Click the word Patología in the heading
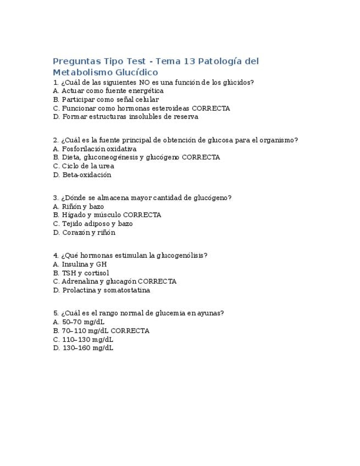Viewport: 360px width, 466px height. tap(219, 61)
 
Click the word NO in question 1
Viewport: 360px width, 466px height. tap(145, 82)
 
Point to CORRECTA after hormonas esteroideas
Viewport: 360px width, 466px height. tap(211, 108)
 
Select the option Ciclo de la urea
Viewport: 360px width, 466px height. tap(84, 166)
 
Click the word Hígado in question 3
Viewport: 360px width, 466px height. tap(74, 215)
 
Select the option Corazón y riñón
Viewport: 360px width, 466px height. tap(84, 232)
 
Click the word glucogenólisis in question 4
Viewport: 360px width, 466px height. tap(182, 255)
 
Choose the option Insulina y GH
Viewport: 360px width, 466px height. tap(80, 264)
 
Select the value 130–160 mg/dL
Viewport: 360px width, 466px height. tap(83, 348)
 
